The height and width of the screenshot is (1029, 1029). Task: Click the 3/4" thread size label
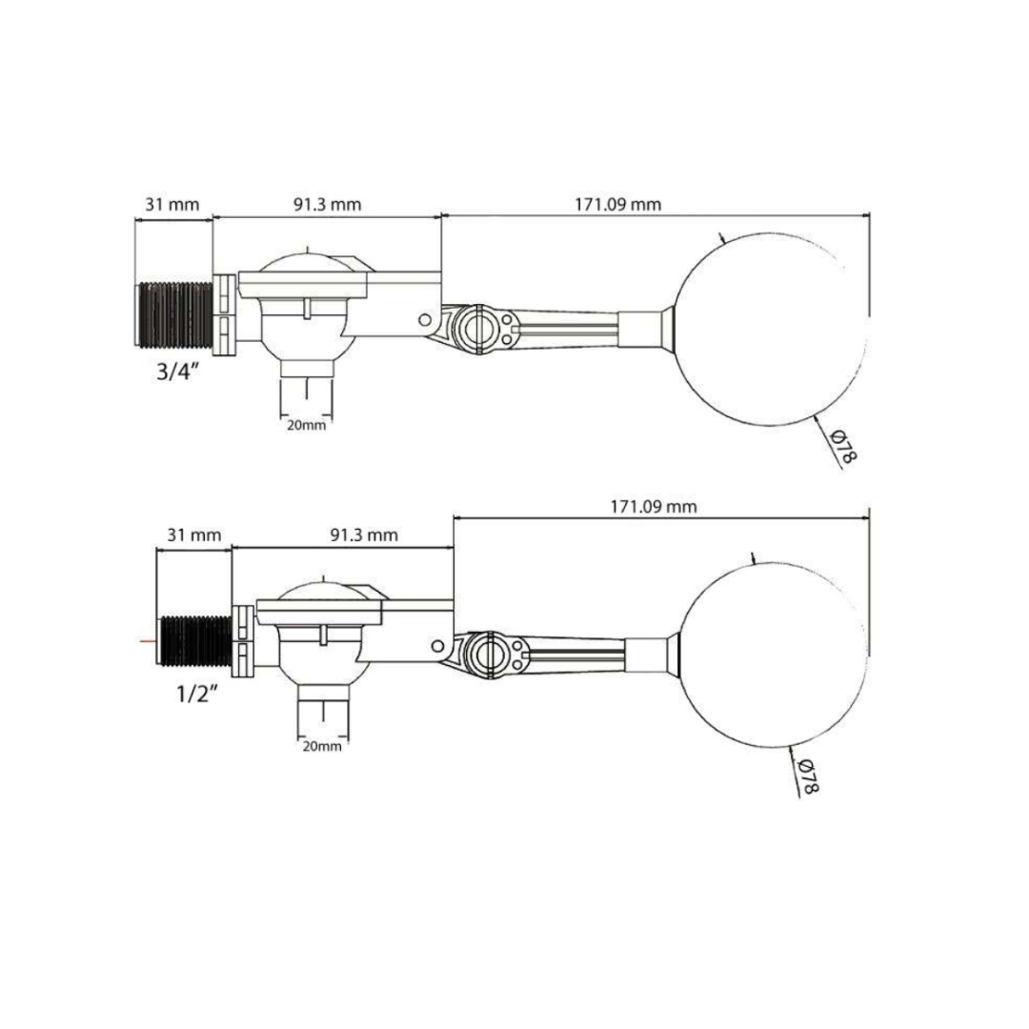[x=177, y=373]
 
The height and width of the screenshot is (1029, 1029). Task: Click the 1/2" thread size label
[x=197, y=694]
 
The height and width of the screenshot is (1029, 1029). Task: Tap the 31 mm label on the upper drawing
[x=171, y=204]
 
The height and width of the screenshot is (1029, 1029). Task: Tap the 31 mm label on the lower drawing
[x=194, y=535]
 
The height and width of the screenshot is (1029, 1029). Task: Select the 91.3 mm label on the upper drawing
[x=327, y=204]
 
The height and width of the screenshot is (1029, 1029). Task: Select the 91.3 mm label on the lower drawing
[x=364, y=535]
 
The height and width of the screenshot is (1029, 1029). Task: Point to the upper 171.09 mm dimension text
[x=618, y=204]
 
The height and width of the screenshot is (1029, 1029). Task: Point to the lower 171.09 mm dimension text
[x=654, y=507]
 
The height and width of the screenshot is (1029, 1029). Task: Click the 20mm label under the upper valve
[x=306, y=425]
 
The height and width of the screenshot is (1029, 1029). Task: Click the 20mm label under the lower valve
[x=322, y=746]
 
